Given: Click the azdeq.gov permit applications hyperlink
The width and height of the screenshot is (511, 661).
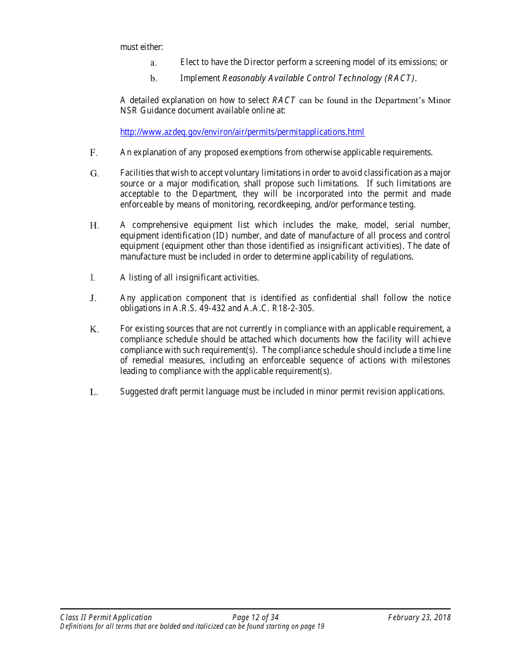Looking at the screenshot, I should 242,132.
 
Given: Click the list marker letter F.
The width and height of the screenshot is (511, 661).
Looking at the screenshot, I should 94,153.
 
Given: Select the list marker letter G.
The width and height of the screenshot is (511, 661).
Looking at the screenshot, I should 94,174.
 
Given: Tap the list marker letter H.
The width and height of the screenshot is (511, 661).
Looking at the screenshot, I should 94,226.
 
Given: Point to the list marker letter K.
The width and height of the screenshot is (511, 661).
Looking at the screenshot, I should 94,329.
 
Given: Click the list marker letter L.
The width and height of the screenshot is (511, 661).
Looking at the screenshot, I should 94,392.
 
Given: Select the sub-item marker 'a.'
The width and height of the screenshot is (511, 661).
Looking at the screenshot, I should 153,63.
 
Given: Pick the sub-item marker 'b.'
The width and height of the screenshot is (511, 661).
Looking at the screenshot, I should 153,79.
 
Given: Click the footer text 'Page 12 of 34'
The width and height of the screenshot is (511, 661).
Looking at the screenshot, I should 256,617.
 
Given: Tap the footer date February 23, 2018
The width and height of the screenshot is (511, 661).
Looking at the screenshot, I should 419,617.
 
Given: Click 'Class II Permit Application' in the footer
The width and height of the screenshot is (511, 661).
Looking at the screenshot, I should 106,617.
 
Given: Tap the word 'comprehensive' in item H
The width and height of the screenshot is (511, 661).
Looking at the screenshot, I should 158,225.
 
